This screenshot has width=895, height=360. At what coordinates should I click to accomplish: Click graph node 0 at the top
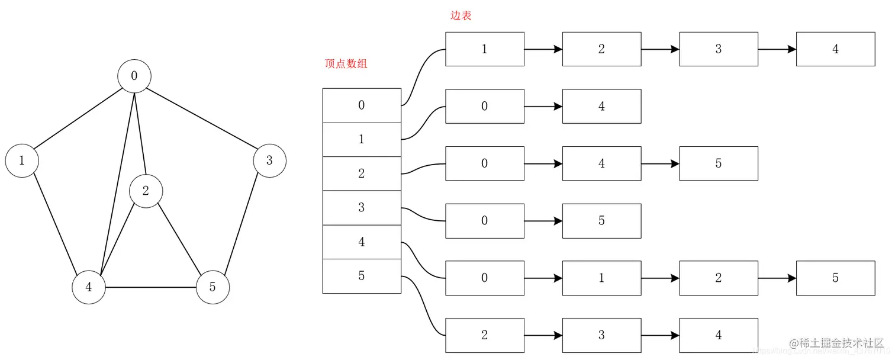[134, 76]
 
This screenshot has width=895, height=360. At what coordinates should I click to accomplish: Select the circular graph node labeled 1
[22, 160]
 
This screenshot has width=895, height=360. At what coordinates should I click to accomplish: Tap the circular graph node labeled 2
[146, 191]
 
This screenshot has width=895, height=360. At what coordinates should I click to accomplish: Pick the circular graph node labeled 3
[269, 160]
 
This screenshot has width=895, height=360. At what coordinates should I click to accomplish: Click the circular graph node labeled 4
[89, 287]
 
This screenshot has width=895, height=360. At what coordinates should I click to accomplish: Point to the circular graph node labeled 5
[213, 287]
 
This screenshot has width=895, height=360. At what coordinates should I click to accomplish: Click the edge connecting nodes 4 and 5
[151, 287]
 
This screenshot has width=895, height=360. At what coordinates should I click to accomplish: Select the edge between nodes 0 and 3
[201, 118]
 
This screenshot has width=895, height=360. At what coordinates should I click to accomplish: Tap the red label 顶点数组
[346, 64]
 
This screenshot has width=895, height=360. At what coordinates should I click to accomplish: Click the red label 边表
[461, 16]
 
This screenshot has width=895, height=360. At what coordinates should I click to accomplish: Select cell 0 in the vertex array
[362, 105]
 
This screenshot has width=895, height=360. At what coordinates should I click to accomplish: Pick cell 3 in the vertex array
[362, 208]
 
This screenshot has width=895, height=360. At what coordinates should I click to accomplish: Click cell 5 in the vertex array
[362, 276]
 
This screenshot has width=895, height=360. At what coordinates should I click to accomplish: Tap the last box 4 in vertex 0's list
[835, 49]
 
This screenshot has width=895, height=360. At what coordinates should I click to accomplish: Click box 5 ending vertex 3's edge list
[601, 221]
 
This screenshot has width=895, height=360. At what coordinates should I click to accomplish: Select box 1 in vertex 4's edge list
[601, 278]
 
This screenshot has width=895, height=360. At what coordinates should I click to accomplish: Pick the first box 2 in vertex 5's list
[484, 335]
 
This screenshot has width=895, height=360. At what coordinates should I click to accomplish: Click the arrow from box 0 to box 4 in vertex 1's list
[543, 107]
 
